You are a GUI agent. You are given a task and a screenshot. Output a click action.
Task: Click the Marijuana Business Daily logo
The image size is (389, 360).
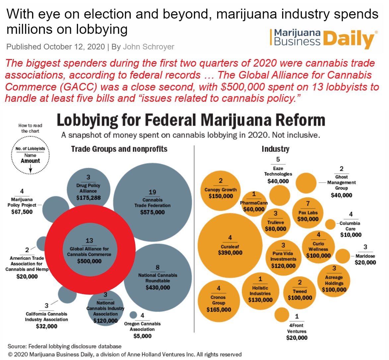click(323, 39)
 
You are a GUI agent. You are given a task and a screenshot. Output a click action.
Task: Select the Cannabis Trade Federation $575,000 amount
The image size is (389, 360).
click(152, 212)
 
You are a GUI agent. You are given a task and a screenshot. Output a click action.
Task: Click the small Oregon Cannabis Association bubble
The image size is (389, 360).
click(133, 315)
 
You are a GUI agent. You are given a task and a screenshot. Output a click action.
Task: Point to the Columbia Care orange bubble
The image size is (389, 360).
click(330, 224)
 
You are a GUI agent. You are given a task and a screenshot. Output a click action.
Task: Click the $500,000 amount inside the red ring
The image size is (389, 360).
click(89, 261)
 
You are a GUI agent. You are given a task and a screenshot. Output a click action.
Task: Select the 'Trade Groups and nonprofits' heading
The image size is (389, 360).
click(119, 149)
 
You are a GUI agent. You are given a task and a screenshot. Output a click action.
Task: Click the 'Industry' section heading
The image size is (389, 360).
click(275, 149)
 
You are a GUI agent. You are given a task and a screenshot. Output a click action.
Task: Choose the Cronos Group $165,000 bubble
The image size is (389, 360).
click(219, 301)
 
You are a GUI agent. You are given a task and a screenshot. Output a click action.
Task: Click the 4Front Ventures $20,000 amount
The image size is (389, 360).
click(297, 338)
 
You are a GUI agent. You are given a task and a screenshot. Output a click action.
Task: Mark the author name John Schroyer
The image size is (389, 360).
click(148, 47)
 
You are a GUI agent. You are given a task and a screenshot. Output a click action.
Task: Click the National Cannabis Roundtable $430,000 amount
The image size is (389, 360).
click(158, 287)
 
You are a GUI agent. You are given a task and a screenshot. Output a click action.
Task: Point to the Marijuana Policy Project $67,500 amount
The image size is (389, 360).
click(22, 211)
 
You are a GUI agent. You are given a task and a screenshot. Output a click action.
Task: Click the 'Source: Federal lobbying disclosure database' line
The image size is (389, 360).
click(64, 346)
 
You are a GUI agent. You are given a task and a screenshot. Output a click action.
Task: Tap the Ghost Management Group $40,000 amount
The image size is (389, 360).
click(341, 195)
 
